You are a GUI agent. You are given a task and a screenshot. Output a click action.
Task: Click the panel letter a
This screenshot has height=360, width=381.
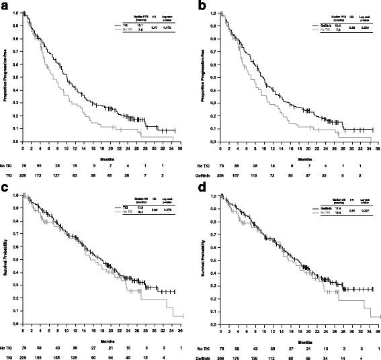(5, 5)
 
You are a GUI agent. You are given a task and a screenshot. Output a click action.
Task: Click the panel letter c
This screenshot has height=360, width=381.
(5, 184)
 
